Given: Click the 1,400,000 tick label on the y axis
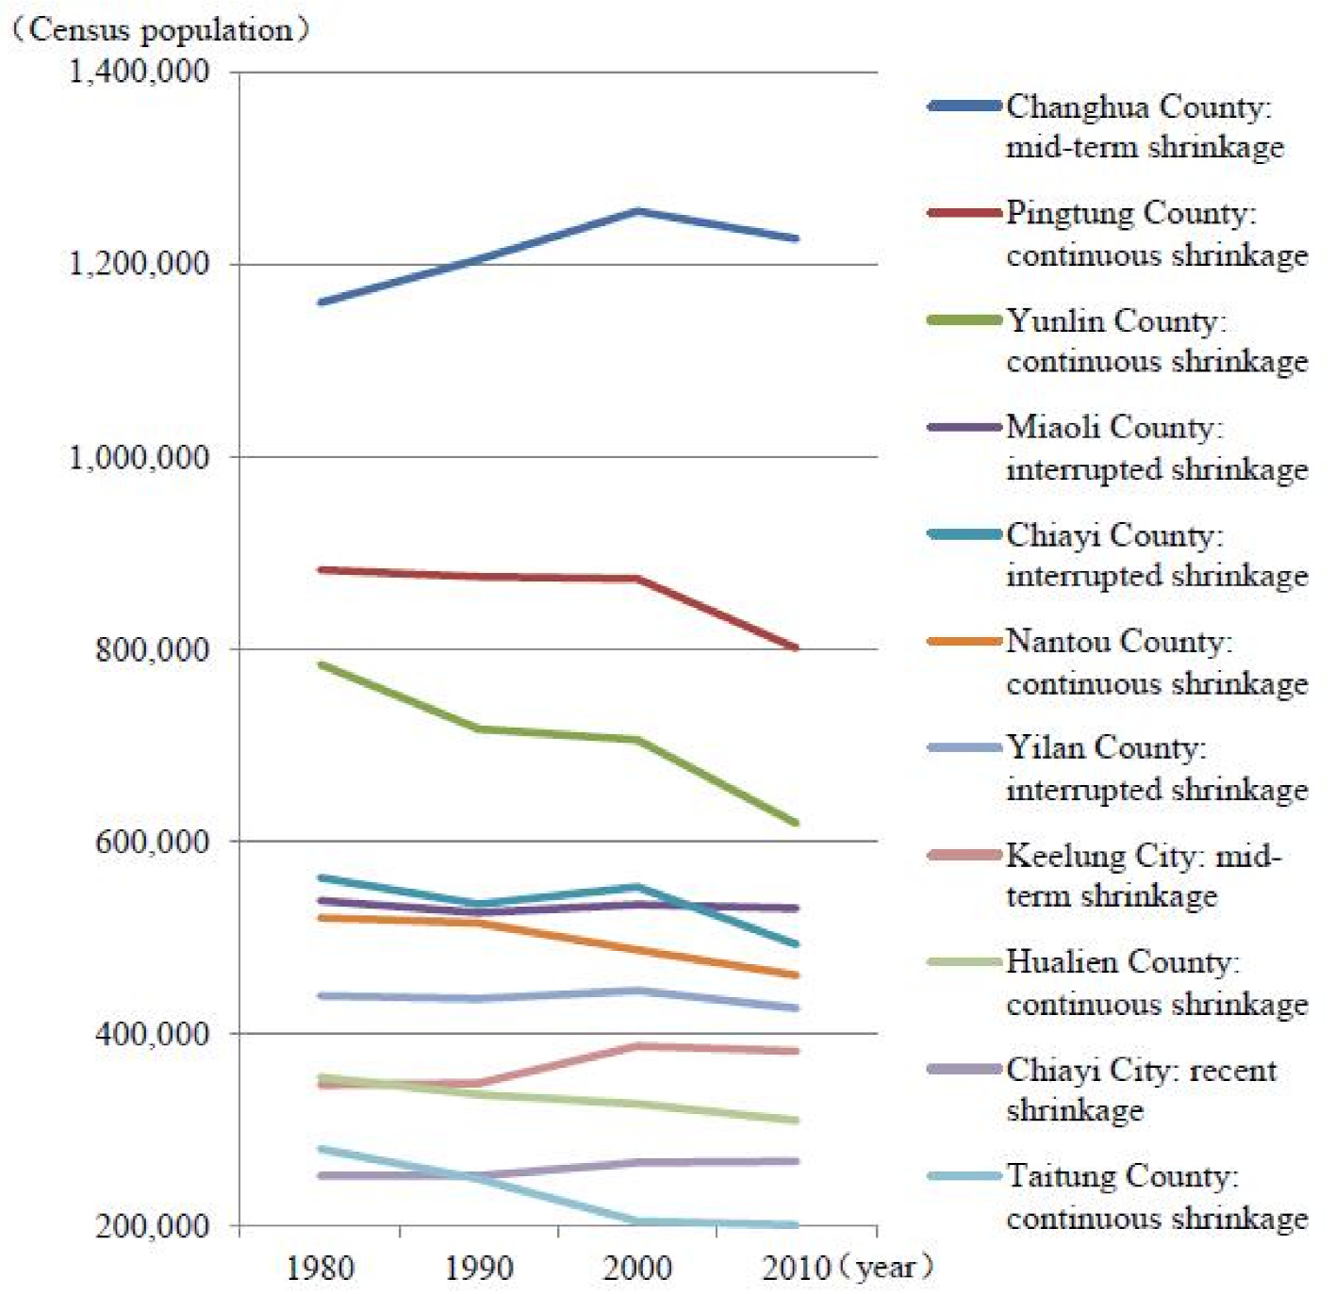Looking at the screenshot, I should pyautogui.click(x=140, y=72).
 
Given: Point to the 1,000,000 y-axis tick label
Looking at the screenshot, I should pyautogui.click(x=140, y=457).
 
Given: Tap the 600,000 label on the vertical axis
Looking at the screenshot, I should pyautogui.click(x=152, y=841).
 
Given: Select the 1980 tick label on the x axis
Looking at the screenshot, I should pyautogui.click(x=320, y=1268).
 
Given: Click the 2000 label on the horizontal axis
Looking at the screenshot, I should pyautogui.click(x=637, y=1268).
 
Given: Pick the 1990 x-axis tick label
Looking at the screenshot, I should pyautogui.click(x=479, y=1268).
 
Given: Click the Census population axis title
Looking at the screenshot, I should pyautogui.click(x=160, y=29).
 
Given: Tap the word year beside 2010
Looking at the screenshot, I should pyautogui.click(x=886, y=1268).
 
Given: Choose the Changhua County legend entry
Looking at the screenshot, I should pyautogui.click(x=1144, y=126).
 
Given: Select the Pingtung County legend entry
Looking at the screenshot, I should pyautogui.click(x=1156, y=233).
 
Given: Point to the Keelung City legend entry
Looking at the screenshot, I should pyautogui.click(x=1143, y=875).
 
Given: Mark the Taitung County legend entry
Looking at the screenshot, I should pyautogui.click(x=1156, y=1196).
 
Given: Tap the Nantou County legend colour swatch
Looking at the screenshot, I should pyautogui.click(x=964, y=642).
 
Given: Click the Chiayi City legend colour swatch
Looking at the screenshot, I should pyautogui.click(x=964, y=1069).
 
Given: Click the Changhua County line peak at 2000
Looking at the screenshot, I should pyautogui.click(x=638, y=211).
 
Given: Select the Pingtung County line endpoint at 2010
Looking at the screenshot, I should pyautogui.click(x=796, y=647).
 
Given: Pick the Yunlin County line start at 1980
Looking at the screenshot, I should pyautogui.click(x=321, y=664).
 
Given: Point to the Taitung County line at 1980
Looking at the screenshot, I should pyautogui.click(x=321, y=1149).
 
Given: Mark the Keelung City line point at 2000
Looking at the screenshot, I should pyautogui.click(x=638, y=1046).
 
